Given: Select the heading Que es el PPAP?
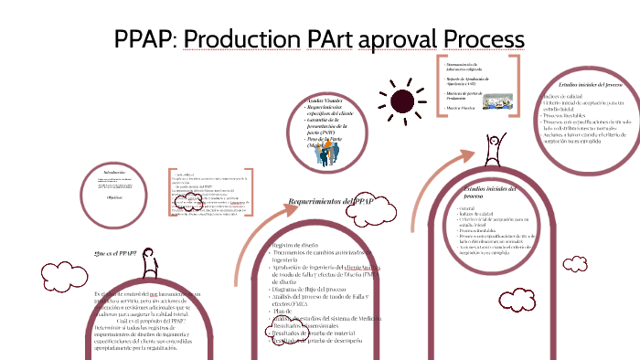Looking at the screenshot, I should (115, 252).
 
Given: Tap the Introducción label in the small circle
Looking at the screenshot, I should (116, 171).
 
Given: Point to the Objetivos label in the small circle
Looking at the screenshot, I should (116, 196).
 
